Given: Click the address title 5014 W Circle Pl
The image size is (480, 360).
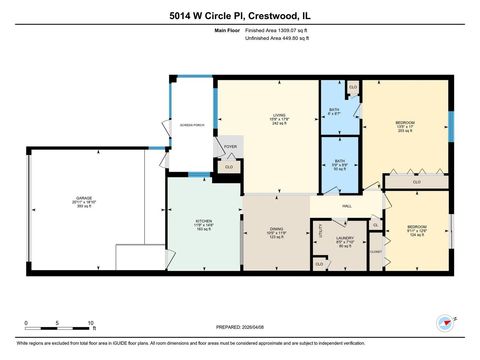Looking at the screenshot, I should [x=240, y=14].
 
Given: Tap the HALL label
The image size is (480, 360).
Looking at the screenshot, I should [x=347, y=206].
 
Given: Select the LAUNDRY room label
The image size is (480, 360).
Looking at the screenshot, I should [x=345, y=238].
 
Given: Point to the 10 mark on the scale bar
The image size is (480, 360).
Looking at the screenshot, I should [x=91, y=323].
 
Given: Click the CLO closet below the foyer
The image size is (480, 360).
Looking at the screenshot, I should [x=230, y=166].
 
